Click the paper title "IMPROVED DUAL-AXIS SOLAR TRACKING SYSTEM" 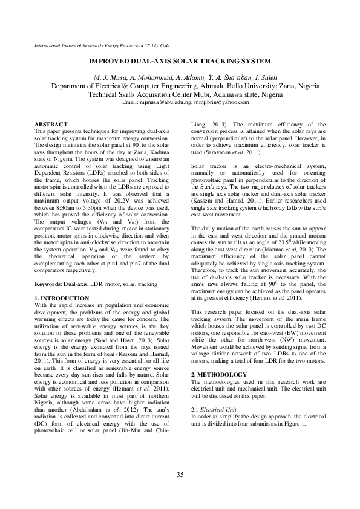(180, 62)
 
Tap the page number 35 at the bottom (180, 474)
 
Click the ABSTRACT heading (51, 123)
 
